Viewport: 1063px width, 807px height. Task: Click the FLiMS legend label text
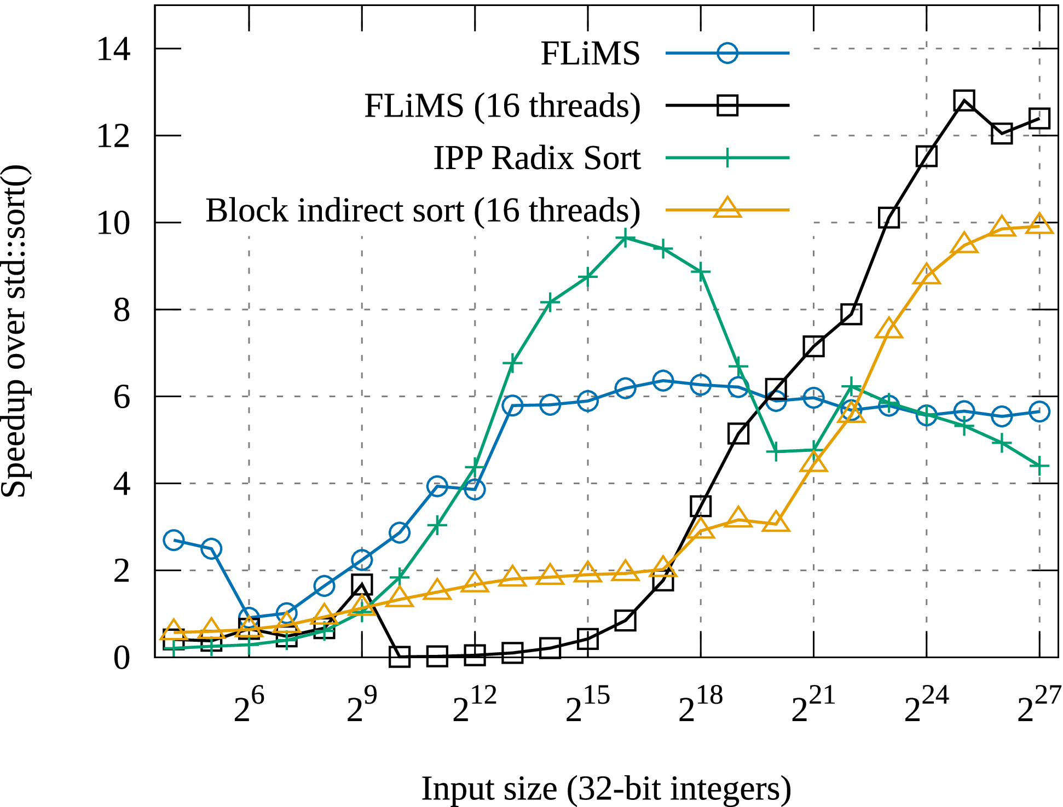[x=590, y=54]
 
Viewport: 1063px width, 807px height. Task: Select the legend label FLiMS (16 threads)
[x=502, y=106]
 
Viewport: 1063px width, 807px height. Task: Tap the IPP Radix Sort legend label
[x=537, y=158]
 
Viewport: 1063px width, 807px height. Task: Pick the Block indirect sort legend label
[x=423, y=210]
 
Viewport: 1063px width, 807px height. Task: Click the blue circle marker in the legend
[x=727, y=53]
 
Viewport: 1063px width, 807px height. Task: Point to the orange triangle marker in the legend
[x=727, y=208]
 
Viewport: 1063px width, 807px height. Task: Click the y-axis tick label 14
[x=113, y=49]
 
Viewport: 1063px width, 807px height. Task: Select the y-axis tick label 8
[x=122, y=310]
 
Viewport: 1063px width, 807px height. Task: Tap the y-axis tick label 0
[x=122, y=658]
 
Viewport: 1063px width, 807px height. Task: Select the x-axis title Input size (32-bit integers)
[x=606, y=788]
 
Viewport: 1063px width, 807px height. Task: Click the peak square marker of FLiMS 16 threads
[x=964, y=101]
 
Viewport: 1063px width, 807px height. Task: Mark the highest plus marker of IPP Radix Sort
[x=625, y=238]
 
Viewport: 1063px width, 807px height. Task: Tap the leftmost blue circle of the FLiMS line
[x=174, y=540]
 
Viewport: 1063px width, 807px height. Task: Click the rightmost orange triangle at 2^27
[x=1039, y=225]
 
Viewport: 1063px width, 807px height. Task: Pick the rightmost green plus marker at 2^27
[x=1039, y=466]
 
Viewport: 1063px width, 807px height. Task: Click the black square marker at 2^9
[x=362, y=584]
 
